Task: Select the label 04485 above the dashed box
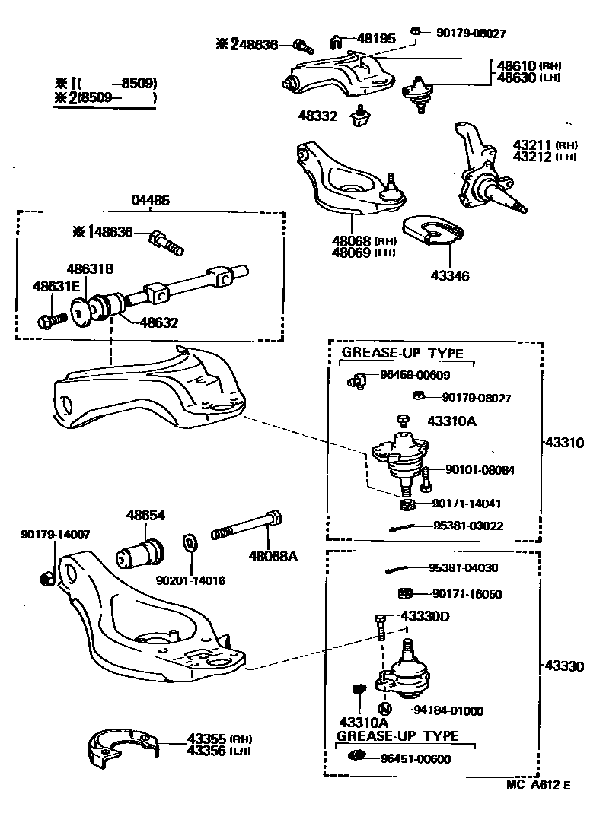tap(150, 200)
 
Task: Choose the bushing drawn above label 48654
tap(139, 553)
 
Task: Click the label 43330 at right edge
tap(564, 667)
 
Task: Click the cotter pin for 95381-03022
tap(404, 528)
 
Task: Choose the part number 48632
tap(158, 322)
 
